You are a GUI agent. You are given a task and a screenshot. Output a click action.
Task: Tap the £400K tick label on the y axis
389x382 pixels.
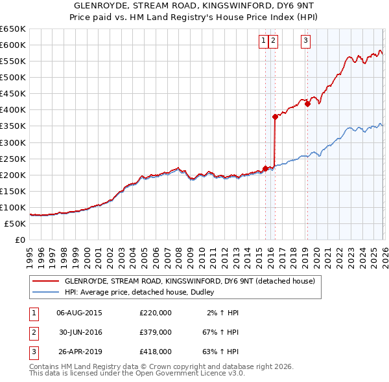pyautogui.click(x=12, y=109)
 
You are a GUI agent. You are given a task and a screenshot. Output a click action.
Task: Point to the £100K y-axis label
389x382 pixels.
pyautogui.click(x=12, y=207)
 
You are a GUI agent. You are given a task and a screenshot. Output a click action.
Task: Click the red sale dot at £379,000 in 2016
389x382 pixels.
pyautogui.click(x=275, y=117)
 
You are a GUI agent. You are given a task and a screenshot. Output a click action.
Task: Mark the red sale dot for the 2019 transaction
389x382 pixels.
pyautogui.click(x=307, y=104)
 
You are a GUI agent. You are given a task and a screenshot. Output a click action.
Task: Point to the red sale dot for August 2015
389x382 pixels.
pyautogui.click(x=265, y=168)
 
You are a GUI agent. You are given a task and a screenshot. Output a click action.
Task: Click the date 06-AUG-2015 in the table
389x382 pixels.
pyautogui.click(x=79, y=312)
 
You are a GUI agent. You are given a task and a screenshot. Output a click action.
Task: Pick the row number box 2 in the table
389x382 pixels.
pyautogui.click(x=32, y=331)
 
